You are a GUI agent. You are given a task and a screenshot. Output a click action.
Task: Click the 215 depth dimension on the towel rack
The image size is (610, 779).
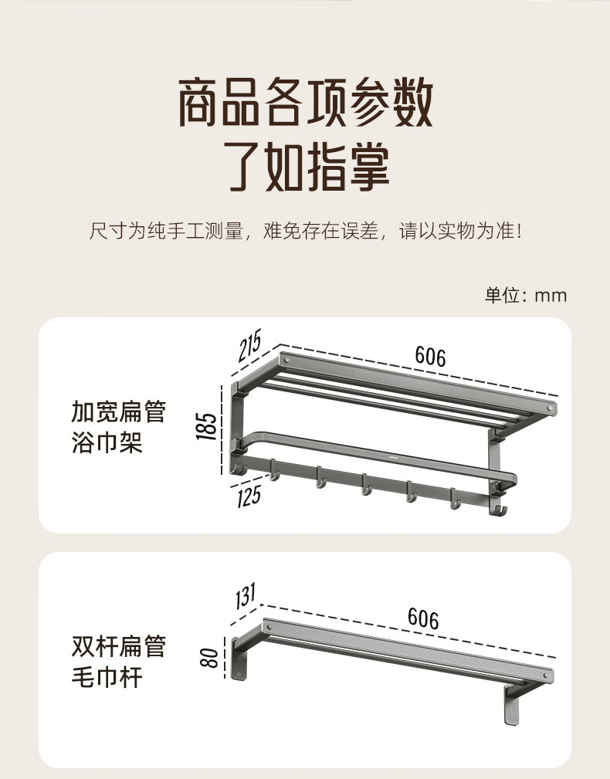point(249,345)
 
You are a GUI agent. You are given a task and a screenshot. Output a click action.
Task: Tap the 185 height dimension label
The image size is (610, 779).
point(207,425)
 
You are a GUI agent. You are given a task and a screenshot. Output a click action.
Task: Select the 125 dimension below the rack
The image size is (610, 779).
point(249,496)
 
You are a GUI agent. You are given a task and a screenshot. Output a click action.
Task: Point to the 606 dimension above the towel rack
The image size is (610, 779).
point(430,356)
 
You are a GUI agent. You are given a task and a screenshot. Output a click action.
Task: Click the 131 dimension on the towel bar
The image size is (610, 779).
point(246,596)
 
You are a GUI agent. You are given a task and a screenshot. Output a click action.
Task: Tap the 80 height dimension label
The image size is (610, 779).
point(209,658)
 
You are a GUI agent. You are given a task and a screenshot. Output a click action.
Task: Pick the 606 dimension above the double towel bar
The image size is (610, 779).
point(423,619)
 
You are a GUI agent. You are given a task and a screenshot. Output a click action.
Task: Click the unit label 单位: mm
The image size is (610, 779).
point(526,295)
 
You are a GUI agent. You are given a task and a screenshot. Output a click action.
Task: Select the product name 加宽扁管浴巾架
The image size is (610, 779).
point(118,427)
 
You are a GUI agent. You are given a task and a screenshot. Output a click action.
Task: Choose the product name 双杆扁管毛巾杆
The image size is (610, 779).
point(118,661)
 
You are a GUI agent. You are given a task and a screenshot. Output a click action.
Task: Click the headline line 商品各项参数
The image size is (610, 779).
point(306,103)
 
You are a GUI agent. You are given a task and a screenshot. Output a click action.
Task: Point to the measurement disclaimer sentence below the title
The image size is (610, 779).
point(306,231)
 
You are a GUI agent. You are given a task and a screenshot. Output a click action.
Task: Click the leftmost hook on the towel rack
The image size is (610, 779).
point(274,470)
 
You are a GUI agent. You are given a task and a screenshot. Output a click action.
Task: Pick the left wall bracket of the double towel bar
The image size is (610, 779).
point(239,659)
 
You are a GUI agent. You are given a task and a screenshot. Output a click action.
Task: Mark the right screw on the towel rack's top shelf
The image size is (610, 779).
point(550,408)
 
